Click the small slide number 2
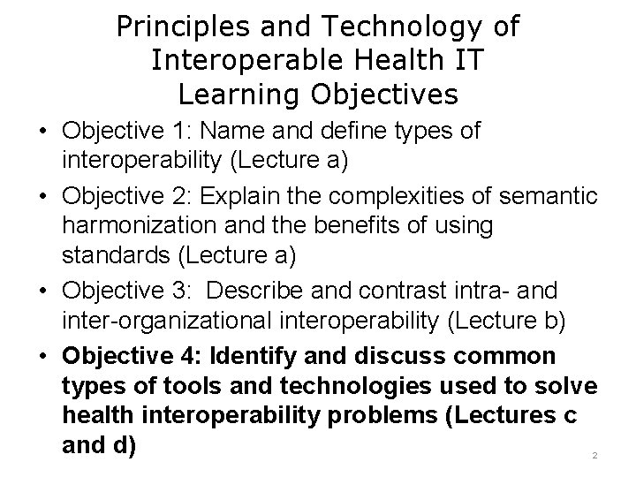[594, 455]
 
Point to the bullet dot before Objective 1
[42, 132]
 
